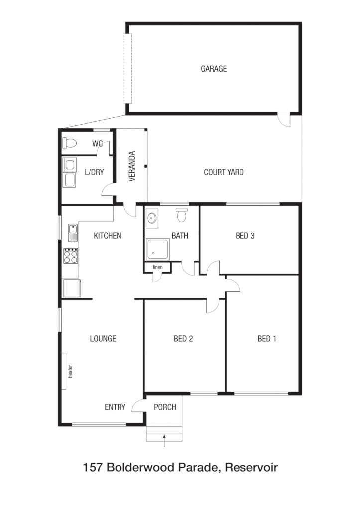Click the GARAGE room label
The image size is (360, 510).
pos(214,69)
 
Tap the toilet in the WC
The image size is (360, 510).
pos(70,144)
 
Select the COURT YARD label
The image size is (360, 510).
pos(224,172)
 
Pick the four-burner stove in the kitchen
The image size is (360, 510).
pos(71,256)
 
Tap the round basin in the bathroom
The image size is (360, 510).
pos(152,218)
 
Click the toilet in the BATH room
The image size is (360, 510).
pos(181,215)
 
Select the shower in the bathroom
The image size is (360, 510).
pos(157,249)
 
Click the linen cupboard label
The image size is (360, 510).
pos(157,267)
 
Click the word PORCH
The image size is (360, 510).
pos(165,407)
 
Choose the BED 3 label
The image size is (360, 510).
pos(245,236)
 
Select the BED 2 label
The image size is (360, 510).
pos(183,339)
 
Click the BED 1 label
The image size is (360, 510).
pos(267,339)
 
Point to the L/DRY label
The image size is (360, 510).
pos(94,172)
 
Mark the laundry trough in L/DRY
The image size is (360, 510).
pos(69,180)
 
